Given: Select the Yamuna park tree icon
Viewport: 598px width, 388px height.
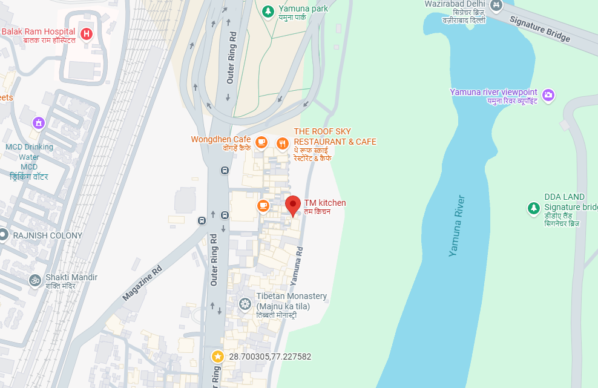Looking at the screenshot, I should pyautogui.click(x=268, y=10).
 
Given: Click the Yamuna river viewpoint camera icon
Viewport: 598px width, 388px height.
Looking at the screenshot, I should pyautogui.click(x=548, y=95).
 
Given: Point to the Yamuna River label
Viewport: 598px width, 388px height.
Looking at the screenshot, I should pyautogui.click(x=457, y=226).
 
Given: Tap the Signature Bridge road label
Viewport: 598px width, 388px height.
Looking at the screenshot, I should pyautogui.click(x=540, y=29).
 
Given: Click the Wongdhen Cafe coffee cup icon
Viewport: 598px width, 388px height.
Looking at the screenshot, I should pyautogui.click(x=261, y=142).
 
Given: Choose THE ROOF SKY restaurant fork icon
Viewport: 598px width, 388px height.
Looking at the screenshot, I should pyautogui.click(x=282, y=143).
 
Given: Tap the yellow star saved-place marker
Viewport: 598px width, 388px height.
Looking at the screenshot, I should pyautogui.click(x=217, y=357).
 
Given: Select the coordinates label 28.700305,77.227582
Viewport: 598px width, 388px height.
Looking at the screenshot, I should pyautogui.click(x=270, y=357).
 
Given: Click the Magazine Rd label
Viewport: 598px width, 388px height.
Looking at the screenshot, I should pyautogui.click(x=142, y=283).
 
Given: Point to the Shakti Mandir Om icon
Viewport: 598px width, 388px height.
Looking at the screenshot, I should pyautogui.click(x=34, y=280).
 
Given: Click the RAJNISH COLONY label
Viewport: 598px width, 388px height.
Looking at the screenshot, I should pyautogui.click(x=48, y=235).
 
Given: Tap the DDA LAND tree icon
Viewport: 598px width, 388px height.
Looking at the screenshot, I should pyautogui.click(x=533, y=208).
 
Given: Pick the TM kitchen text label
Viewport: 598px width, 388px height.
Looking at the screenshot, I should pyautogui.click(x=325, y=203).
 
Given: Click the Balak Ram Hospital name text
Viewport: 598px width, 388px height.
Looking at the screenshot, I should pyautogui.click(x=38, y=31).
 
